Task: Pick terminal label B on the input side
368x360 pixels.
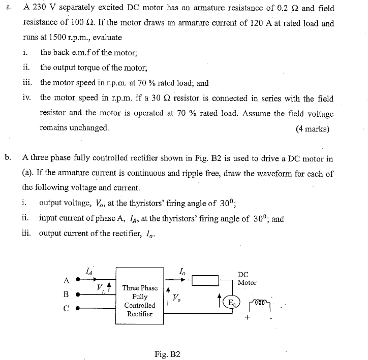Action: point(66,293)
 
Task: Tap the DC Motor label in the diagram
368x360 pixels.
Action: point(247,278)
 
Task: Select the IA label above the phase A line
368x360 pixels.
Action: point(88,272)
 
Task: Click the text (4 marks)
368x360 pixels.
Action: point(312,128)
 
